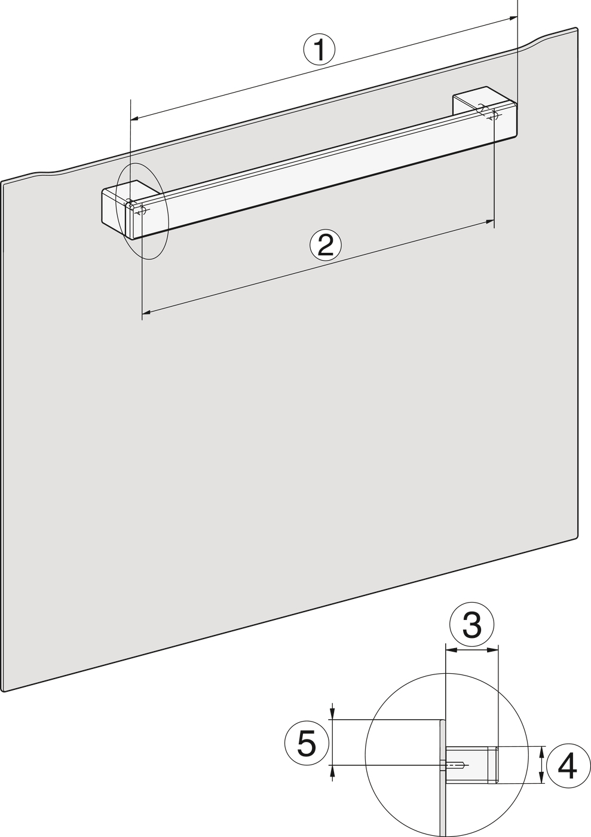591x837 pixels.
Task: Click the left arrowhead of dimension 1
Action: click(134, 118)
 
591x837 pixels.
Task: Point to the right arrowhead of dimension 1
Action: click(513, 19)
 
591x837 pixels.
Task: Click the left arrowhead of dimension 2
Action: click(146, 312)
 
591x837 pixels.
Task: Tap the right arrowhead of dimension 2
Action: click(490, 222)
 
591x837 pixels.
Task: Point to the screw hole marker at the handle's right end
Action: click(493, 116)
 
